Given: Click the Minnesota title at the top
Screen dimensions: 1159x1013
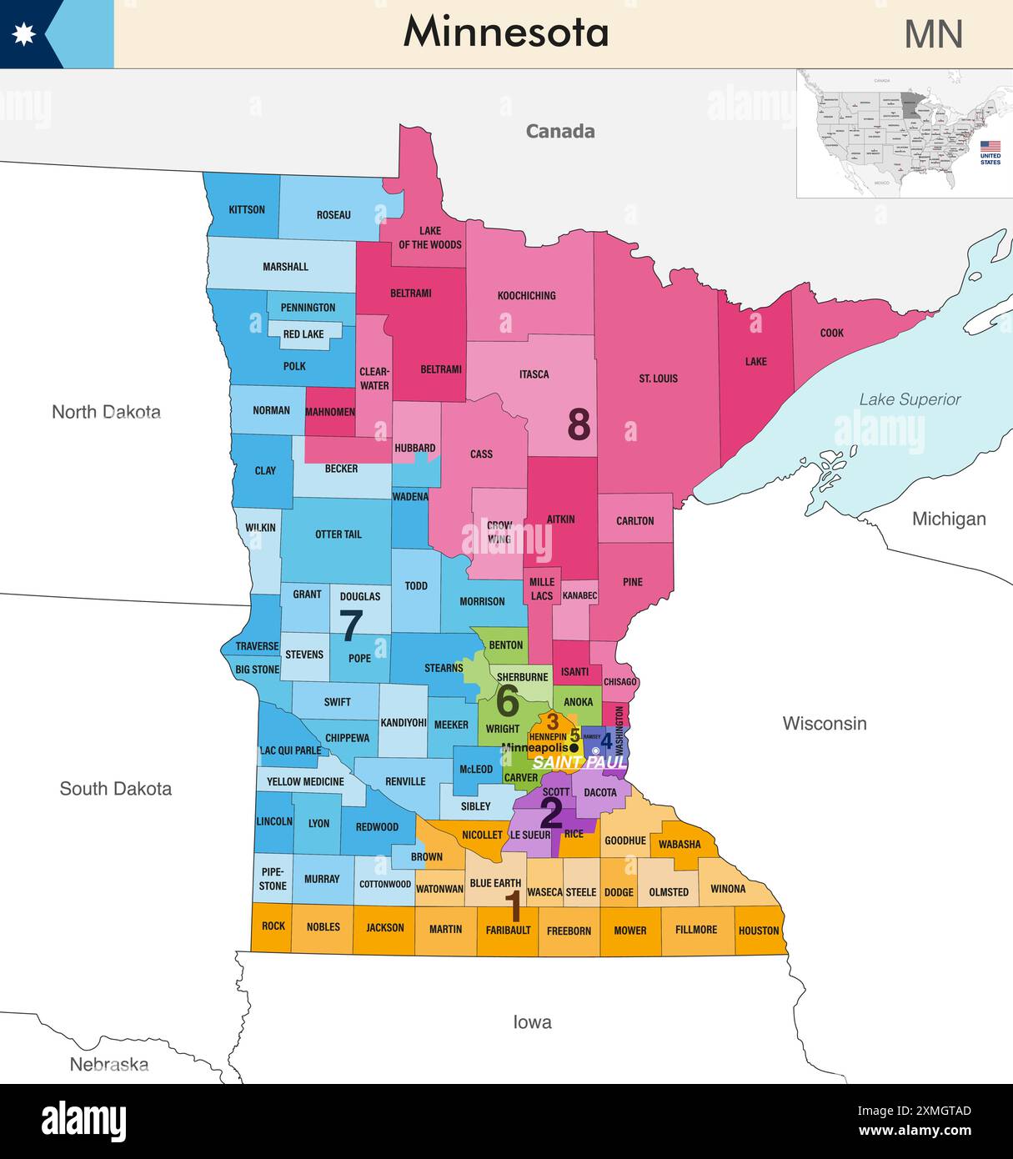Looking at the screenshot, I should point(506,33).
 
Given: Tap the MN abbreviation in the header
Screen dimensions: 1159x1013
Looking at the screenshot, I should point(933,34).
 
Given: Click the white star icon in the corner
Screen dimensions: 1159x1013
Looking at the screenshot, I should point(23,34).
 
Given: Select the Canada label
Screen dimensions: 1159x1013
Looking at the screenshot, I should point(559,131).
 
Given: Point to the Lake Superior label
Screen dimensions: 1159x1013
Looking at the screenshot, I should point(910,399).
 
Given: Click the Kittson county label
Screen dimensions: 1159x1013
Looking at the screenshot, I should point(247,209).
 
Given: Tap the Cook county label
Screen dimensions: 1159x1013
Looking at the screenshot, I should point(831,333).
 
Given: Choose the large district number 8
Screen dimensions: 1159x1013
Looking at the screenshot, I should point(579,424).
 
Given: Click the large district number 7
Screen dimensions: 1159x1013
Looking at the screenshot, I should point(351,625).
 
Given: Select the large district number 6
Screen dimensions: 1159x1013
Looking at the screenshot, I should point(507,701).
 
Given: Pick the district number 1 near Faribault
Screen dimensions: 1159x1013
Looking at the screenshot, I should point(514,906).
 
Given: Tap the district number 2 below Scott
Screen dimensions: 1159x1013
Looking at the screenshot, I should point(551,813).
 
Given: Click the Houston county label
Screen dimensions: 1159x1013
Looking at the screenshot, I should point(758,931).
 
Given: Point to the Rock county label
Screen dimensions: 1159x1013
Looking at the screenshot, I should point(273,926).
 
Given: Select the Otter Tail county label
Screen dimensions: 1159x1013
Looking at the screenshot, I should point(338,534).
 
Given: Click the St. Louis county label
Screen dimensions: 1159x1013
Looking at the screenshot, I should point(658,379).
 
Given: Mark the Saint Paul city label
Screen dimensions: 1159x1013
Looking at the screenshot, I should point(579,762).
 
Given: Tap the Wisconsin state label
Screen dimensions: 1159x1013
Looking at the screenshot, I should point(824,723).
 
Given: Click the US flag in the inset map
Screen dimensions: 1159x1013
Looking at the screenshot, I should point(990,146).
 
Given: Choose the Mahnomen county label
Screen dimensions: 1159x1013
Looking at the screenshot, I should point(330,412).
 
